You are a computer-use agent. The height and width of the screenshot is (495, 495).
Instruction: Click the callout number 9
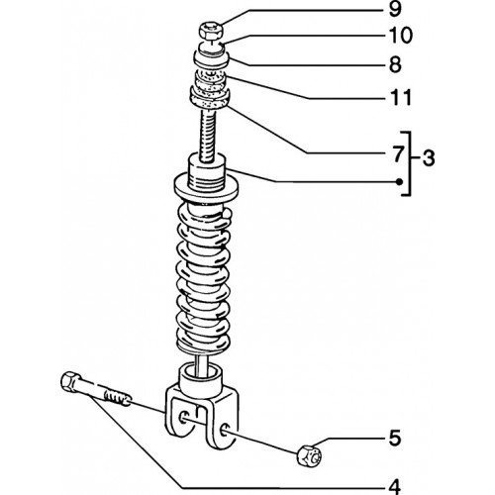[x=395, y=9]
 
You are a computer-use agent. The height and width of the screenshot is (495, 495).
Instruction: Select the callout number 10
[x=400, y=35]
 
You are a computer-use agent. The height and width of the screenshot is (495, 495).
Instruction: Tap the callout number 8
[x=395, y=64]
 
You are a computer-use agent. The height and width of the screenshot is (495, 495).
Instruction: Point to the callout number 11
[x=401, y=97]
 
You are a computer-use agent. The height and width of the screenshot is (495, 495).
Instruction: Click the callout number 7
[x=397, y=154]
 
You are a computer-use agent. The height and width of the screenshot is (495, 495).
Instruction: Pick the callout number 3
[x=429, y=158]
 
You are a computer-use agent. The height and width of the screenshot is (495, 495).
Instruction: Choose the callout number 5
[x=395, y=438]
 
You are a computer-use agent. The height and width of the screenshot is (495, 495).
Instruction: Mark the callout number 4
[x=395, y=487]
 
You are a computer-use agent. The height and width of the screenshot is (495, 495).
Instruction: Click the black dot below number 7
[x=399, y=181]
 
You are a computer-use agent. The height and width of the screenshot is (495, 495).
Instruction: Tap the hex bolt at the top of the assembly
[x=211, y=31]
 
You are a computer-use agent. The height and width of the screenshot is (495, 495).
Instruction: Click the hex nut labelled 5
[x=309, y=455]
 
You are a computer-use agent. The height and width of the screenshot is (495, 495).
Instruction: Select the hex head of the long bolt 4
[x=70, y=382]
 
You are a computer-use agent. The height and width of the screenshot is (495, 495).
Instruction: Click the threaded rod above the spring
[x=208, y=136]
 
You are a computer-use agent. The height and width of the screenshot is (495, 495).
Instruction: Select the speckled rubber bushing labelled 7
[x=210, y=98]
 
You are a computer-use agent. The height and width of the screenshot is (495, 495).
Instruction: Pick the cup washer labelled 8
[x=211, y=55]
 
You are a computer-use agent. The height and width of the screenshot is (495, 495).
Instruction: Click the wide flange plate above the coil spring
[x=206, y=188]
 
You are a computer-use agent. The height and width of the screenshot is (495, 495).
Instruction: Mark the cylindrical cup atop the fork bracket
[x=200, y=379]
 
